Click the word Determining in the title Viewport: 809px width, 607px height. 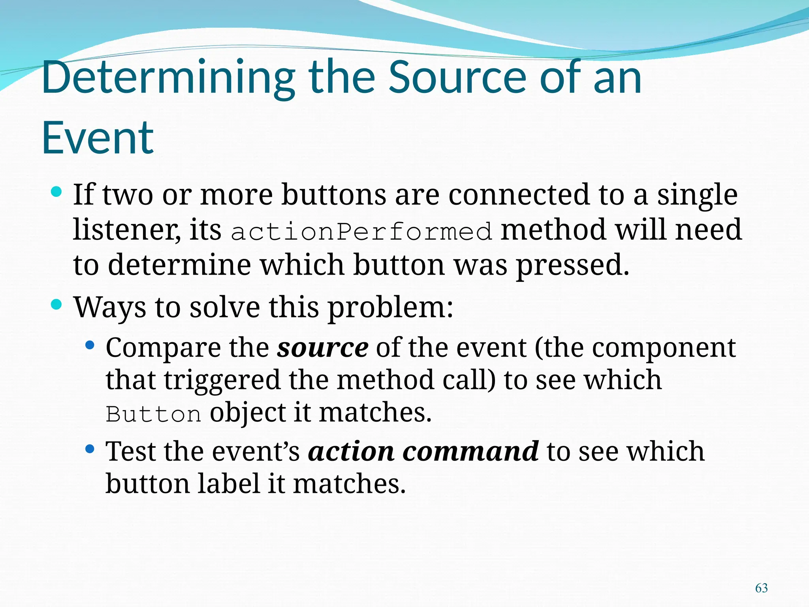(x=168, y=78)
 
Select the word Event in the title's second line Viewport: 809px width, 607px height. (x=98, y=138)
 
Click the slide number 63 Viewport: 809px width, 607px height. (x=761, y=588)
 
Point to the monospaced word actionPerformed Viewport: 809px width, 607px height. (x=361, y=232)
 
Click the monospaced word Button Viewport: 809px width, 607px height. (x=153, y=415)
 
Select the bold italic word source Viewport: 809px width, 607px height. (x=322, y=348)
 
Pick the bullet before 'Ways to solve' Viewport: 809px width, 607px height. (x=56, y=305)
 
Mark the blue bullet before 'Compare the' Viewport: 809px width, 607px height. (x=90, y=345)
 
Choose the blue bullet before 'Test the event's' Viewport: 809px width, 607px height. (x=90, y=449)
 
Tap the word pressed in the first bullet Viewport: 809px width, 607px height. (x=572, y=266)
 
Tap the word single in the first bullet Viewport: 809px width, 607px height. (x=697, y=195)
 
